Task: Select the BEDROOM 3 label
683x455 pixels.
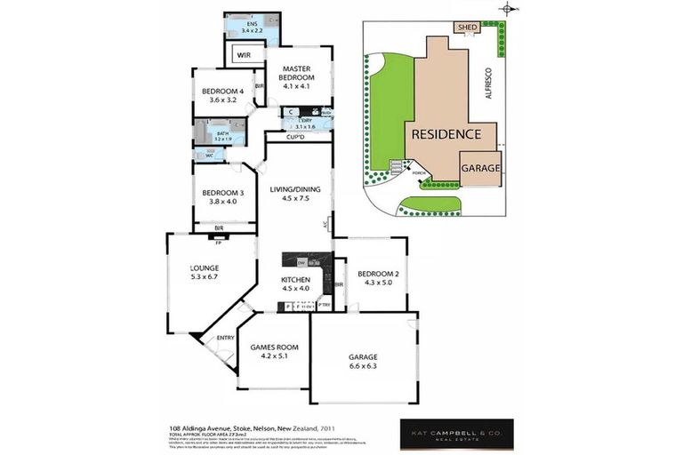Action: [222, 193]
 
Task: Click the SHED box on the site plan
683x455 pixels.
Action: [467, 28]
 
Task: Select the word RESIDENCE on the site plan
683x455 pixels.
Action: [446, 134]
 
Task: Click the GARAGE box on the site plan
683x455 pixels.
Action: [480, 167]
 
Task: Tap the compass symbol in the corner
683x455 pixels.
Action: [508, 10]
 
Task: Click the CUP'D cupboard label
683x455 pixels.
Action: [296, 137]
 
